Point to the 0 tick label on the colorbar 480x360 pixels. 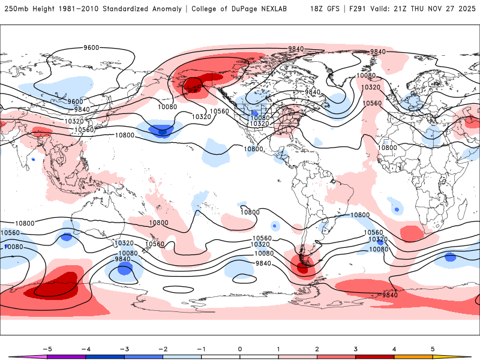240,349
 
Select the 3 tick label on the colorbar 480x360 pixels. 355,349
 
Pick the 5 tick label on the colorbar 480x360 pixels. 433,349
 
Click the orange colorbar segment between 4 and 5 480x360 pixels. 413,356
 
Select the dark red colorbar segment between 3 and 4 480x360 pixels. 374,356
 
